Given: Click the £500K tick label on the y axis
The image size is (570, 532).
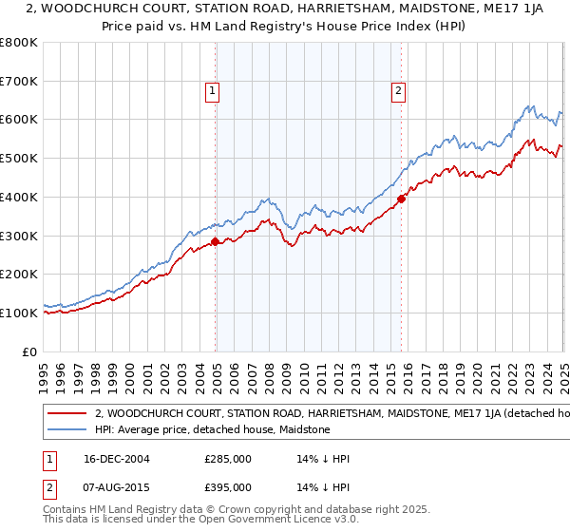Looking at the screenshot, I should [19, 159].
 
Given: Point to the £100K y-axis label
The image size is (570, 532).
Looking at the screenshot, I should [19, 313].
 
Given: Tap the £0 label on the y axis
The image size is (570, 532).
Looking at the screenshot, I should [28, 351].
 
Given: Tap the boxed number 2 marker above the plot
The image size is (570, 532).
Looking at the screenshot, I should [397, 91].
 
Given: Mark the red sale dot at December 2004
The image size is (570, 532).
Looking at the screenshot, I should [216, 241].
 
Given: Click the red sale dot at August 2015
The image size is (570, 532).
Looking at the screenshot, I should [401, 199].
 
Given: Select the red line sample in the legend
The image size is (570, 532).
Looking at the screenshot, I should [66, 414].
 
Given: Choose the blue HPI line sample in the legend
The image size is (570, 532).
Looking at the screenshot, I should [66, 429].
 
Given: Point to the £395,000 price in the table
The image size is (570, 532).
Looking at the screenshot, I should [228, 487].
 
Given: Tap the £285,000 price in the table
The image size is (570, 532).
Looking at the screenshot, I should [228, 459].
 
